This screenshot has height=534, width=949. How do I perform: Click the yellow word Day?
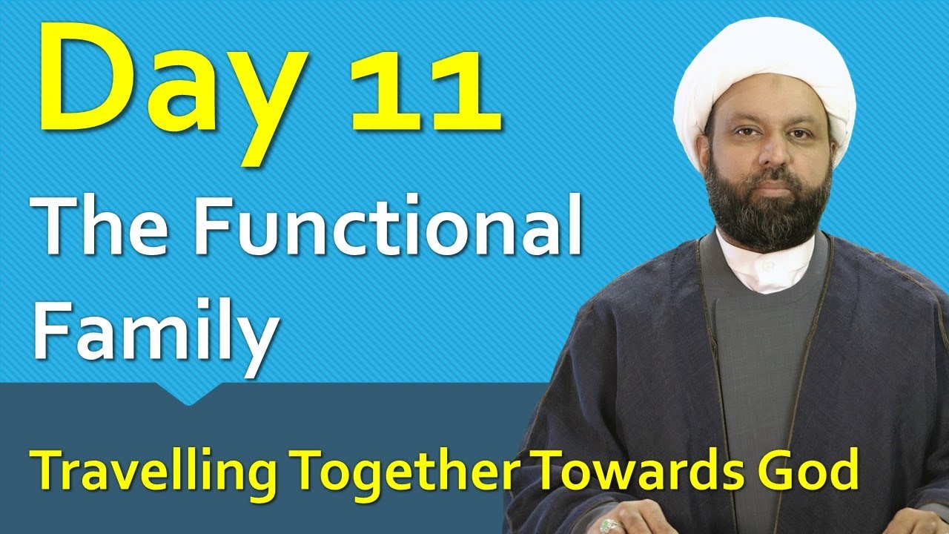(x=173, y=91)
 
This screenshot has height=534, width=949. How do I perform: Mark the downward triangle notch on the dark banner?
(x=189, y=394)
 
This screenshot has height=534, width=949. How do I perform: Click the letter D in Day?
(x=89, y=76)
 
